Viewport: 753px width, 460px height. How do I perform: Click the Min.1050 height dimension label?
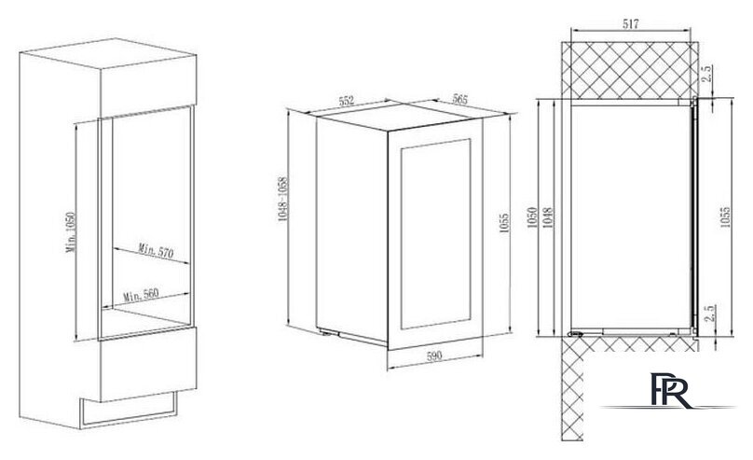click(x=72, y=232)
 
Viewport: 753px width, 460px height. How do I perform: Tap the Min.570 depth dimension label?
click(x=156, y=250)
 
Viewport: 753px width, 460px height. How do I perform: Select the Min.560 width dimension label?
click(x=141, y=294)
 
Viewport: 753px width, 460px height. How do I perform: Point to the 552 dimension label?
click(x=347, y=101)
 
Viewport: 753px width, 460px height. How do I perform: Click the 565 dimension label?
click(x=459, y=100)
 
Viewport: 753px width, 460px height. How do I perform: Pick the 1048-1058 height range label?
click(x=282, y=199)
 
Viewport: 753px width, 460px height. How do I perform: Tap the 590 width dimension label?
click(x=434, y=356)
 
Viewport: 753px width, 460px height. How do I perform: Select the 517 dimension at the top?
click(x=631, y=24)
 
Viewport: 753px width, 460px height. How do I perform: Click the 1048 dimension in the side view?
click(x=548, y=217)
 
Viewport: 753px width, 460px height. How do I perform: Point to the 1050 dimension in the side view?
click(x=531, y=217)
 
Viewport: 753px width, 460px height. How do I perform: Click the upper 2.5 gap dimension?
click(x=706, y=74)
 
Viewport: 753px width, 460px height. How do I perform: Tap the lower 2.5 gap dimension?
click(x=712, y=313)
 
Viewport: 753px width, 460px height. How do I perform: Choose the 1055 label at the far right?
click(x=725, y=216)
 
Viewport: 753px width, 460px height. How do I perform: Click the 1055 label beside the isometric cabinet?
click(x=504, y=223)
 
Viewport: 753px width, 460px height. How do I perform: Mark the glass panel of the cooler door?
click(x=435, y=233)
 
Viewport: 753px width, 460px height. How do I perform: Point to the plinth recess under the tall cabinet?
click(x=129, y=410)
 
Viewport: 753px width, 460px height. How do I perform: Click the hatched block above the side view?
click(x=630, y=70)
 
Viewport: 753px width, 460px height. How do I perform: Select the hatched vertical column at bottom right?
click(x=572, y=388)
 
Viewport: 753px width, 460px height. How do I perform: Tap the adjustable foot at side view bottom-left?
click(x=575, y=334)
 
